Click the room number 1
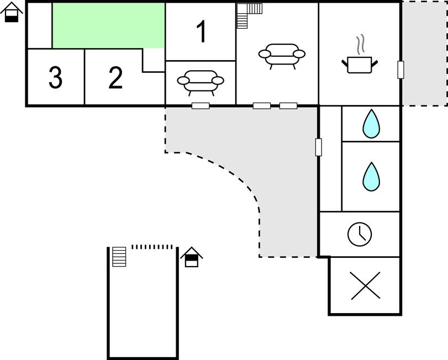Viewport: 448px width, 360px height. (x=202, y=32)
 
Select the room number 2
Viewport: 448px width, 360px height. (x=115, y=78)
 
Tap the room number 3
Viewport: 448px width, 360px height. (x=55, y=78)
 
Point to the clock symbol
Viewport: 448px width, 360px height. (x=359, y=234)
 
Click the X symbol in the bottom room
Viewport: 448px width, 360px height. (x=365, y=285)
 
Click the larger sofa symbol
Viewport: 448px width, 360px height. (x=282, y=55)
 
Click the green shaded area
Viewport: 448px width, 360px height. (x=109, y=25)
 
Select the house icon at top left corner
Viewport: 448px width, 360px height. (x=12, y=12)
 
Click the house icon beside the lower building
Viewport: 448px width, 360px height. (x=191, y=257)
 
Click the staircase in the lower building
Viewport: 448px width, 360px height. (x=119, y=257)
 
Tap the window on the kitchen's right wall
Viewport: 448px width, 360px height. (x=401, y=70)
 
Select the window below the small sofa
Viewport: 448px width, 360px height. (x=201, y=105)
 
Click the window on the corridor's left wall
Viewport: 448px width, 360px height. (x=318, y=147)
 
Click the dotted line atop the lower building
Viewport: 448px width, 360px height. (x=152, y=246)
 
